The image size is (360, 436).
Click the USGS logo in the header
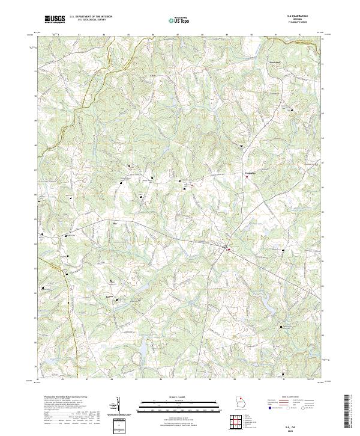55,19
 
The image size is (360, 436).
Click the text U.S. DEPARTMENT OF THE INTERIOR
88,17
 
